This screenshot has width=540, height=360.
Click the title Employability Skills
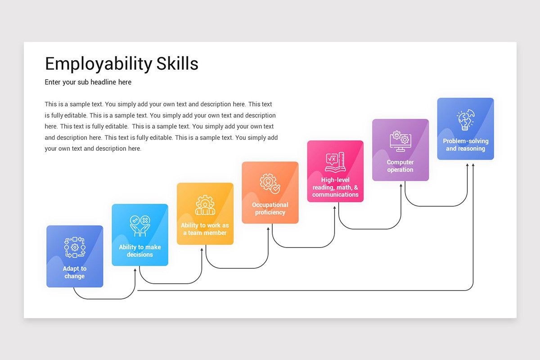(121, 64)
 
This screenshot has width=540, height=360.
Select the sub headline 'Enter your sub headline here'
(88, 82)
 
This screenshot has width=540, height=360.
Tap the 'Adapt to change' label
(75, 272)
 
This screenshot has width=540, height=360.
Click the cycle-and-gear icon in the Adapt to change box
(75, 247)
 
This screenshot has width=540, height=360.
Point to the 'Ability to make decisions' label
(140, 251)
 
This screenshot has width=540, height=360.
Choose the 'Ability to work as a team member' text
(205, 229)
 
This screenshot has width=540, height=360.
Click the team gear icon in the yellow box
(205, 205)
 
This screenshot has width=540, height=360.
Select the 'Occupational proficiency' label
(270, 208)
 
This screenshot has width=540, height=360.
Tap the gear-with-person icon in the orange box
(270, 183)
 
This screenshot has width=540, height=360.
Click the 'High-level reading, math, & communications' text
(335, 187)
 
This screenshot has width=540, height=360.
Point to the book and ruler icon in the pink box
(335, 162)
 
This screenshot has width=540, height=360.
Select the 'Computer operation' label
(400, 166)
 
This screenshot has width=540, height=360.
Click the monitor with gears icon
(400, 140)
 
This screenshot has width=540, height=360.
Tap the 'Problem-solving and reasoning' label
(465, 145)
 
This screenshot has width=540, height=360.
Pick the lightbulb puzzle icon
(465, 120)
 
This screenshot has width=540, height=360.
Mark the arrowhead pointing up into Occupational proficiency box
(269, 226)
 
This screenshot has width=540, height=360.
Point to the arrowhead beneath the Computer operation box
(401, 184)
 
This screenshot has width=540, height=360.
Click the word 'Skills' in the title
(177, 64)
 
